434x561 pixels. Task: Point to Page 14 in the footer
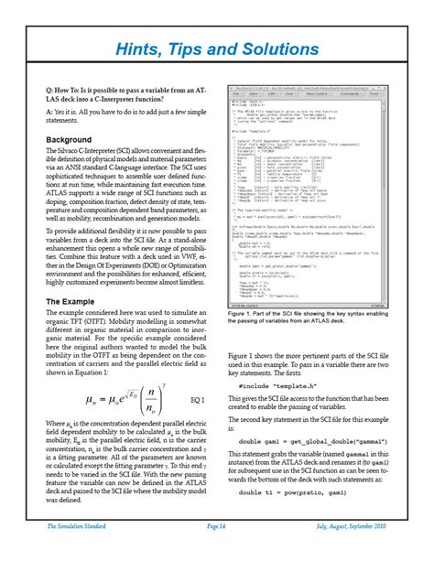pyautogui.click(x=216, y=552)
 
